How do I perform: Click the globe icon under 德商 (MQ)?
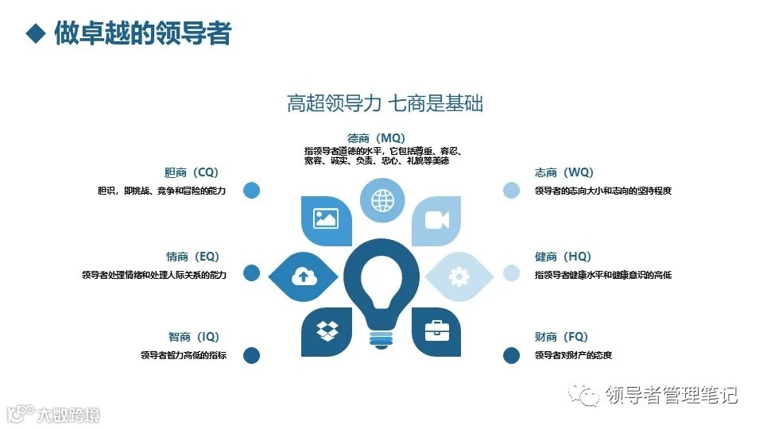click(382, 199)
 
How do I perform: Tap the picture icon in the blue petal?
click(327, 218)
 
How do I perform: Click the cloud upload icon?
click(303, 276)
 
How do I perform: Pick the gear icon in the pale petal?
click(459, 276)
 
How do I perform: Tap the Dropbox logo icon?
click(327, 330)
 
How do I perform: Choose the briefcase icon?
click(436, 330)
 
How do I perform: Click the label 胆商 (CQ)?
click(191, 172)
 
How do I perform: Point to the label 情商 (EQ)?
click(192, 257)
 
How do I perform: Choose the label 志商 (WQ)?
click(564, 172)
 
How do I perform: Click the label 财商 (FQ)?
click(561, 337)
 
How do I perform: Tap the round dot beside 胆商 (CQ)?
click(251, 190)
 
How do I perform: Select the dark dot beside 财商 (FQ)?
click(511, 355)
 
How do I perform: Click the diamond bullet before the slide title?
click(34, 33)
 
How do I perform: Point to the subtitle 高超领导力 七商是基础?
click(385, 102)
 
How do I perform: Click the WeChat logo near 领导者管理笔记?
click(588, 395)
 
